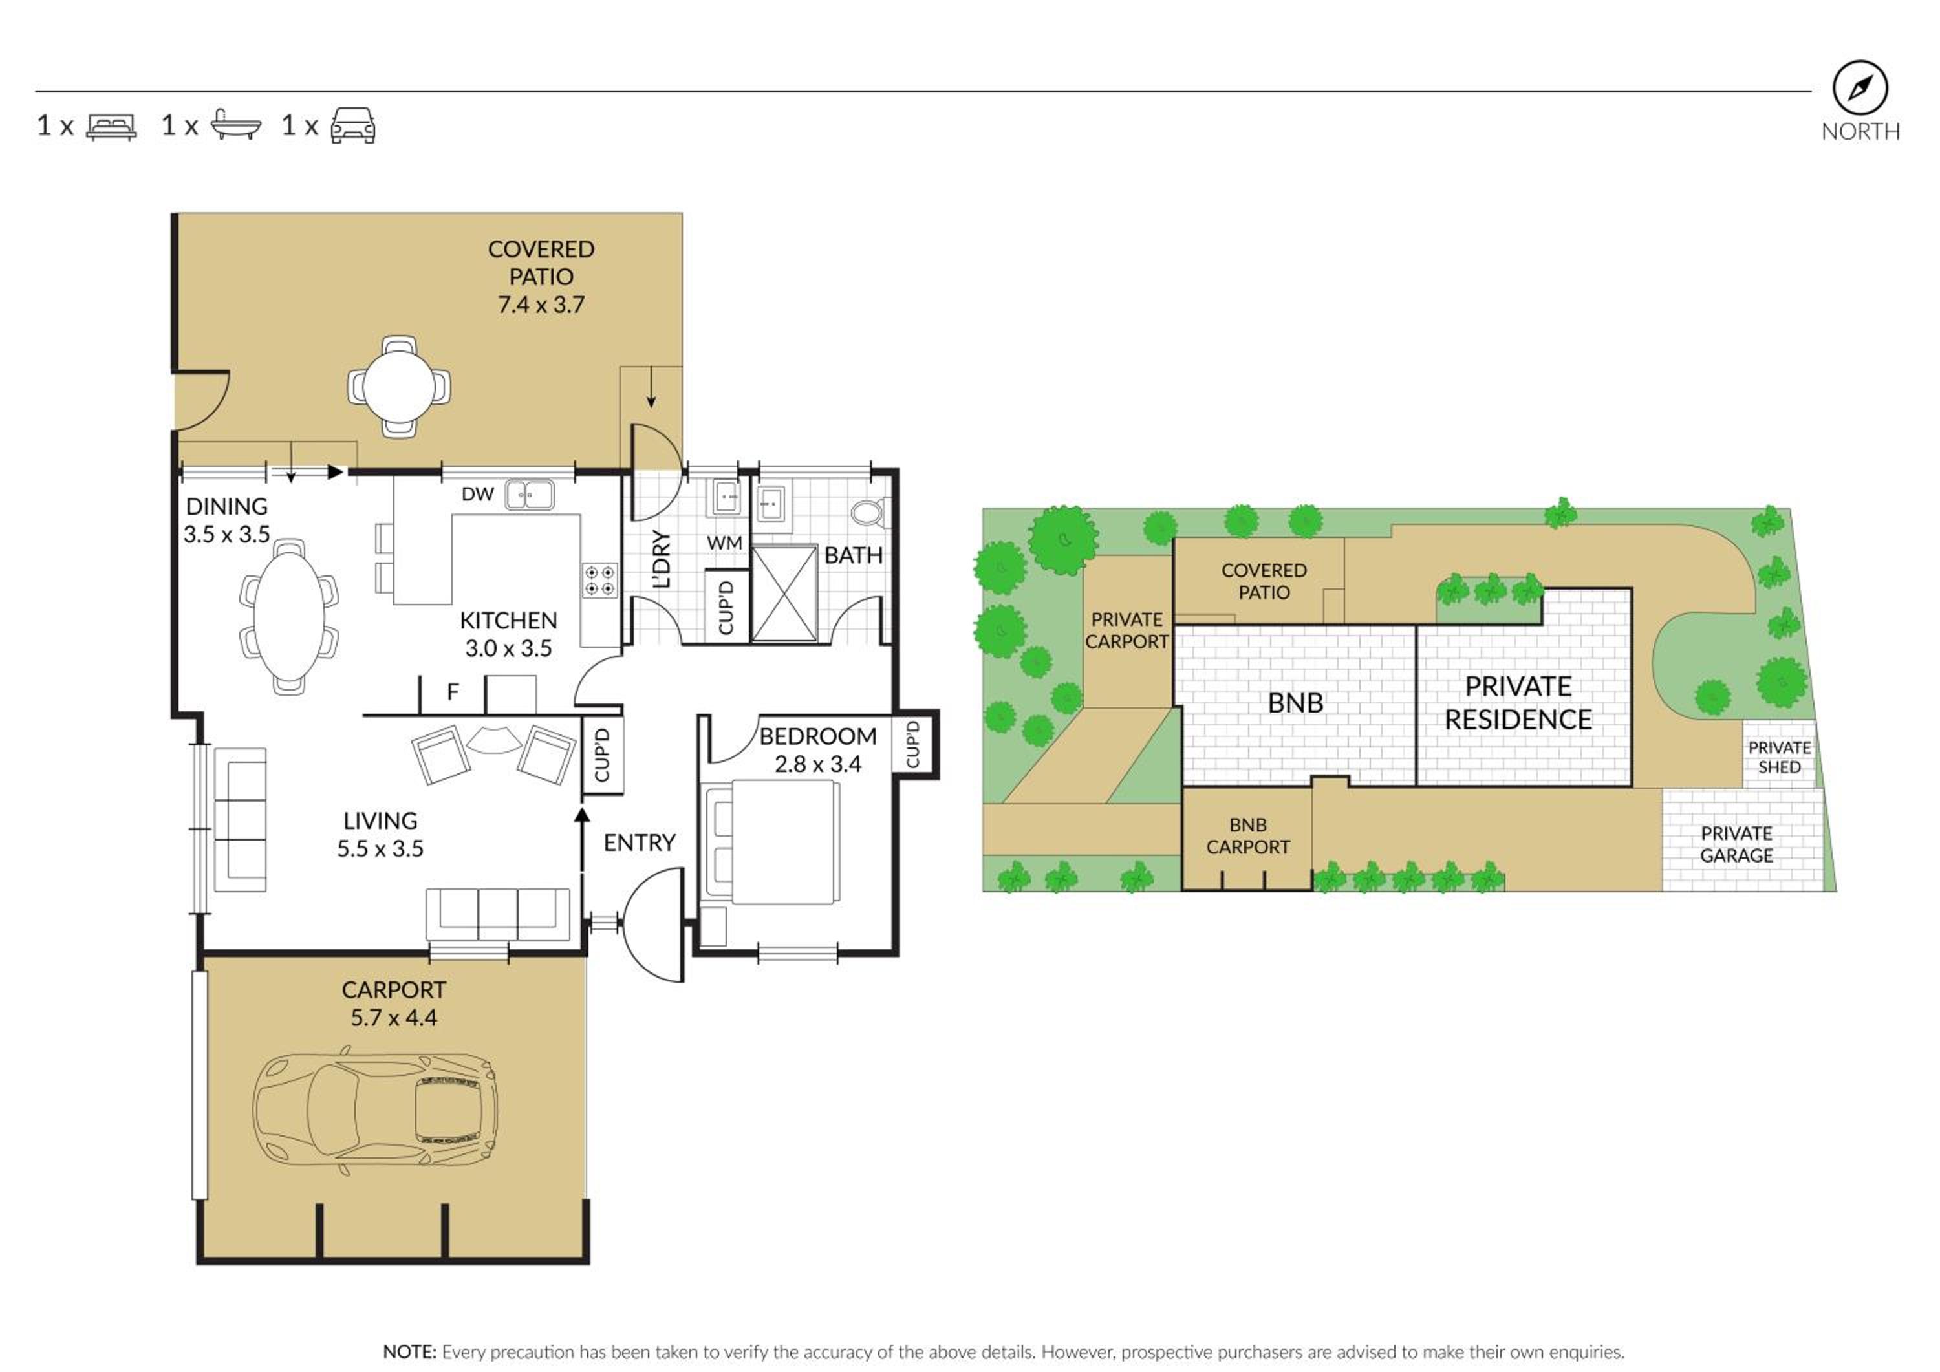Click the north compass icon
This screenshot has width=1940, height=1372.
tap(1860, 88)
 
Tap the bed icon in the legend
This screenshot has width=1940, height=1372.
tap(111, 127)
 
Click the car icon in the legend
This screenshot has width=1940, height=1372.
tap(353, 125)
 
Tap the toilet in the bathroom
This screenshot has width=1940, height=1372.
tap(868, 513)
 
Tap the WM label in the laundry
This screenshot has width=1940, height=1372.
tap(724, 543)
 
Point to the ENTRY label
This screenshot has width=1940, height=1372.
tap(640, 842)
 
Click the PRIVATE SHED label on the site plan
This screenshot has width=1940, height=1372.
tap(1780, 757)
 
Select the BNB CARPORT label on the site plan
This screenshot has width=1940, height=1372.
tap(1248, 835)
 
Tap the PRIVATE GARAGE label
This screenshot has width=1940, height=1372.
tap(1737, 844)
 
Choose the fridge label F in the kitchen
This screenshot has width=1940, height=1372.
tap(453, 692)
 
